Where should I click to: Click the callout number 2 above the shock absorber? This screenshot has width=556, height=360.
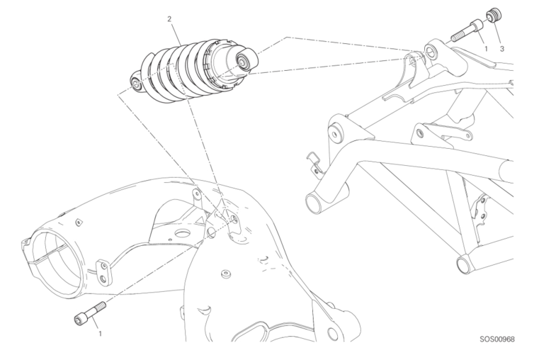point(169,19)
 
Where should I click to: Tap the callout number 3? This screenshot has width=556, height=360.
point(501,49)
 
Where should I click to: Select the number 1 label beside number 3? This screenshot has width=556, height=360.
point(486,49)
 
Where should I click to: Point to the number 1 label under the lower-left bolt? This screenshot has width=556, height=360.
point(100,333)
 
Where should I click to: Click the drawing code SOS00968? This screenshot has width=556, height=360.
point(497,339)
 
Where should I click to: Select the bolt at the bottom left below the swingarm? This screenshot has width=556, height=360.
point(90,313)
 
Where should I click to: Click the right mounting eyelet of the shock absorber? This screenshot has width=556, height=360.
point(245,61)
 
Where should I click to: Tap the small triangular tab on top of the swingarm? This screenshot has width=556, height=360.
point(79,223)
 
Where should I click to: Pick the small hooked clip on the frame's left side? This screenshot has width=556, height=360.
point(314,164)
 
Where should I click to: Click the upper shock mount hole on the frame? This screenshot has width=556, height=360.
point(430,51)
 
